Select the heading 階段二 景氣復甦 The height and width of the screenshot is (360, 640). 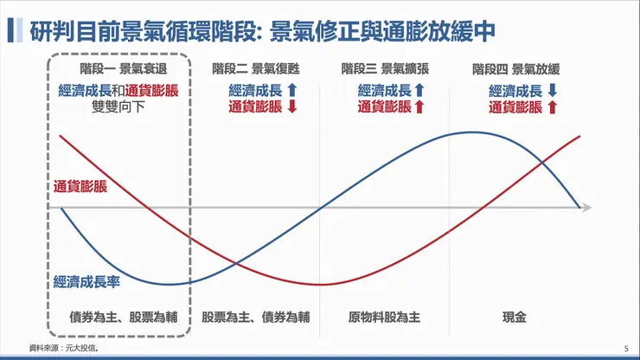(x=255, y=69)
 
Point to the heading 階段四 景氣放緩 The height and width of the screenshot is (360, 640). (x=515, y=69)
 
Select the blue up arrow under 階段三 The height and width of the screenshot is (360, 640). (x=419, y=90)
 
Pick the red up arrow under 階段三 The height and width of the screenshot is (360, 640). (x=419, y=107)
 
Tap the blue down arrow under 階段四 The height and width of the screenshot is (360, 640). (x=552, y=90)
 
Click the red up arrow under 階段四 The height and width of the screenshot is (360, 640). (x=552, y=107)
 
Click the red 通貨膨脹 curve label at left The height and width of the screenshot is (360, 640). (x=80, y=186)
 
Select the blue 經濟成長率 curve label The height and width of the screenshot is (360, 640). (x=86, y=281)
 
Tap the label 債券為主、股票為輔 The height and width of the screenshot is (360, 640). (x=123, y=318)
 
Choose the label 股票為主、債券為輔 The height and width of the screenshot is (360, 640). (x=255, y=318)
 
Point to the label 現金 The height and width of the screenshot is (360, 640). (x=514, y=318)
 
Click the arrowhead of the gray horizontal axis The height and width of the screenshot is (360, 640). (x=586, y=208)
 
